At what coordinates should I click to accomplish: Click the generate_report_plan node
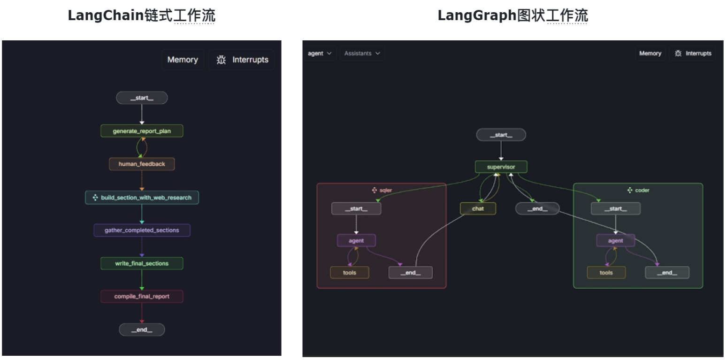pos(142,131)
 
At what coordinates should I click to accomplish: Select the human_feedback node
pos(142,164)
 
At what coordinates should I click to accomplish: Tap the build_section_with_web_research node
pos(142,198)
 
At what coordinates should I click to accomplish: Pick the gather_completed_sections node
pos(142,230)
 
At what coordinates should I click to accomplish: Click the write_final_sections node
pos(142,263)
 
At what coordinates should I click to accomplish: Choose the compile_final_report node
pos(142,297)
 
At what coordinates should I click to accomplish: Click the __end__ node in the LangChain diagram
pos(142,329)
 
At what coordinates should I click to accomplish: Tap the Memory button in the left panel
pos(183,60)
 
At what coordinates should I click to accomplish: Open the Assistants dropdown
pos(362,54)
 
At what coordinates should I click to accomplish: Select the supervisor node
pos(501,167)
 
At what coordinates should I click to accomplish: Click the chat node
pos(478,208)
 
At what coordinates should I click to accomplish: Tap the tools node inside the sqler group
pos(349,273)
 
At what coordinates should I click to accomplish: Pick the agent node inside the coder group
pos(615,241)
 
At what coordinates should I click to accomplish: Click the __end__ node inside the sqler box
pos(410,273)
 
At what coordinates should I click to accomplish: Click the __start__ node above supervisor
pos(501,135)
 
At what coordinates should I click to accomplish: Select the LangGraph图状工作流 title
pos(512,15)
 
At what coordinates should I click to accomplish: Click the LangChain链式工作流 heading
pos(141,15)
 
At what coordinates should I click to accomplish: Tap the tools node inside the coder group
pos(606,273)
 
